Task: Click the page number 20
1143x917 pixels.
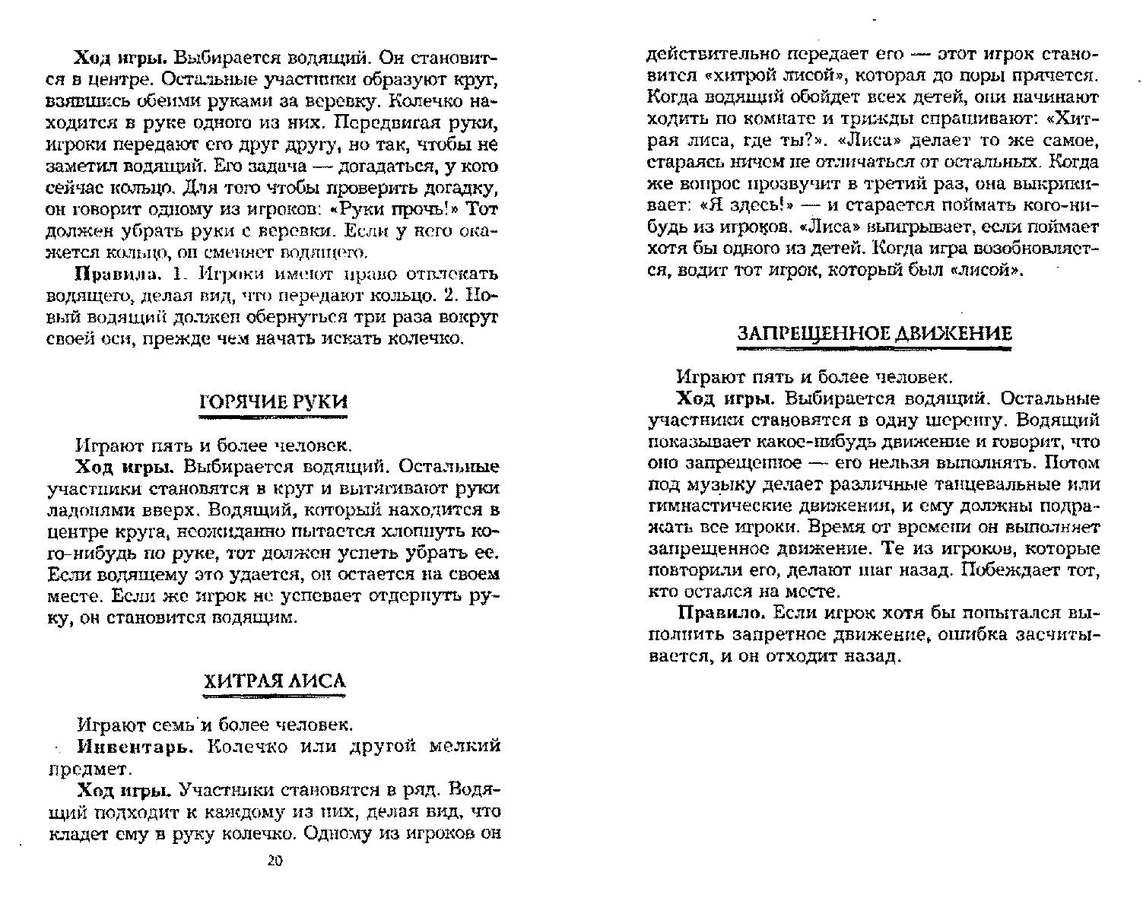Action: [275, 861]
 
